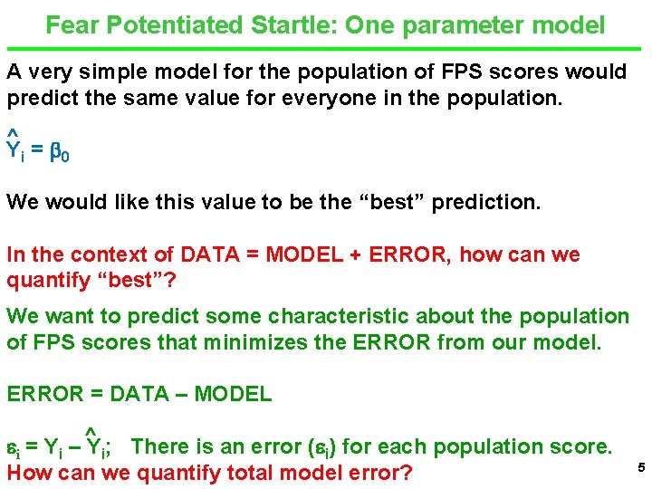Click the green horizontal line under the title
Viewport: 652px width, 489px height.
(x=326, y=48)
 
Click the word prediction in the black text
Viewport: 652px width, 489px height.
(x=484, y=202)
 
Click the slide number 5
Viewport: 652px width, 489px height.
(x=639, y=467)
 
